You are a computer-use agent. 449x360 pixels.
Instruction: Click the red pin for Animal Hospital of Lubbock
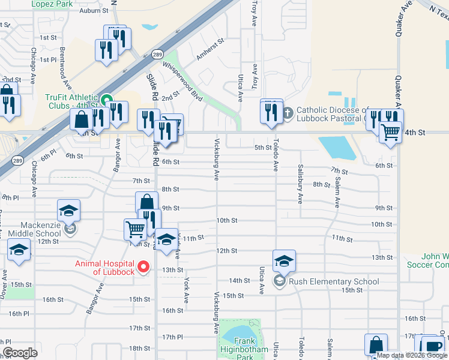click(x=143, y=267)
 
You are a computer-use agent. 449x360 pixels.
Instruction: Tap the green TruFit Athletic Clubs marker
click(x=106, y=100)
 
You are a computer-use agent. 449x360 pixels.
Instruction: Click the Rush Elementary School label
click(x=334, y=281)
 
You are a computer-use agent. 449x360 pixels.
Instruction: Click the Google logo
click(x=20, y=352)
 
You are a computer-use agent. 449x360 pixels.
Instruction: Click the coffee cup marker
click(x=434, y=346)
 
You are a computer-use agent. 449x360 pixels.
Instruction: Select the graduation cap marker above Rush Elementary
click(x=284, y=260)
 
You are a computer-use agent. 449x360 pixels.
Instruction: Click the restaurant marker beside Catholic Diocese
click(x=271, y=112)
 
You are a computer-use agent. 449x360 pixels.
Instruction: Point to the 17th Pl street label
click(x=172, y=337)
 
